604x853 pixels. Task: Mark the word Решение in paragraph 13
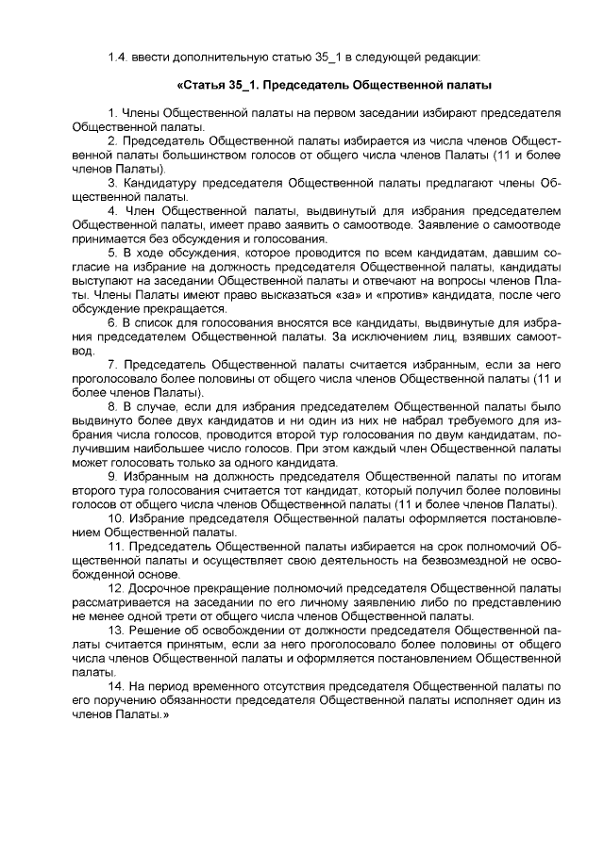coord(156,630)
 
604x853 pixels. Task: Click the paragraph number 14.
coord(116,686)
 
